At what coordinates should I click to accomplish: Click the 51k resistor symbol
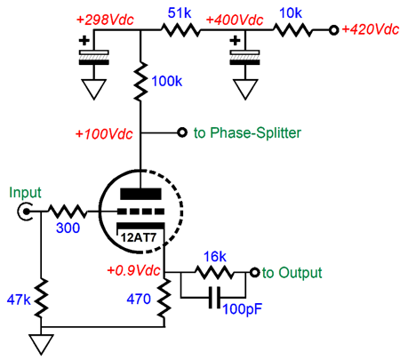click(x=180, y=30)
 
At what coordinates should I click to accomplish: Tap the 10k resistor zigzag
click(x=292, y=30)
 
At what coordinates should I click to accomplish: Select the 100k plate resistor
click(x=140, y=81)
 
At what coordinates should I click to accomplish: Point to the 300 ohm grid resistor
click(x=68, y=212)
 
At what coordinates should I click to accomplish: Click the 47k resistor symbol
click(x=41, y=299)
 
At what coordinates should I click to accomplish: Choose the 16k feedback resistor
click(x=214, y=272)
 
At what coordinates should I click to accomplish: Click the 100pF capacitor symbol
click(x=214, y=298)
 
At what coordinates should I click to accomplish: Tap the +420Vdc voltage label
click(x=371, y=29)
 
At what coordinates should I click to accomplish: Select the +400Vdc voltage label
click(x=235, y=20)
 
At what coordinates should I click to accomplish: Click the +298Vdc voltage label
click(x=105, y=20)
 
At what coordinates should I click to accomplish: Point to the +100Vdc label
click(x=104, y=134)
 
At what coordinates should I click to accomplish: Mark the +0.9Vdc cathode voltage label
click(x=133, y=270)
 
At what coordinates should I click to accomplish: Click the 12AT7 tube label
click(x=138, y=237)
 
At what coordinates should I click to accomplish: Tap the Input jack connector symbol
click(x=25, y=212)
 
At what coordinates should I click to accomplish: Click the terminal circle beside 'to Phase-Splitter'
click(x=182, y=132)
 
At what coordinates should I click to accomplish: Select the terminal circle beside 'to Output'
click(x=255, y=272)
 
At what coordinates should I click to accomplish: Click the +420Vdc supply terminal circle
click(x=334, y=30)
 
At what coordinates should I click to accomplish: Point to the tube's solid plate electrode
click(x=140, y=194)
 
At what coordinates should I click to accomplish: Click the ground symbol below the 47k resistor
click(x=41, y=345)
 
